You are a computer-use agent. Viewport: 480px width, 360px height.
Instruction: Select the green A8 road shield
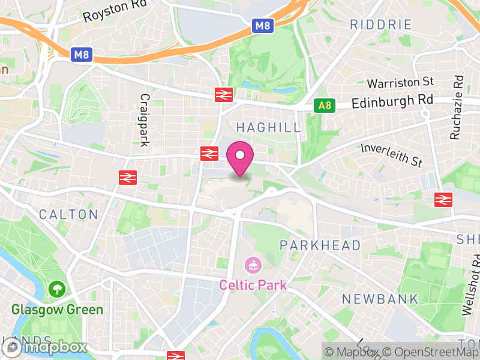pyautogui.click(x=324, y=106)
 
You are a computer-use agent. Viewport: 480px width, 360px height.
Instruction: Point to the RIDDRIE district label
pyautogui.click(x=381, y=25)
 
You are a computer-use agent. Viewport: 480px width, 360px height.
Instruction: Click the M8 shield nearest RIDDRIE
pyautogui.click(x=263, y=26)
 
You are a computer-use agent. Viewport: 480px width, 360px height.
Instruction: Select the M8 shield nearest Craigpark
pyautogui.click(x=82, y=55)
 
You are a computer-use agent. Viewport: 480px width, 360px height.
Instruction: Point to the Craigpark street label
pyautogui.click(x=144, y=119)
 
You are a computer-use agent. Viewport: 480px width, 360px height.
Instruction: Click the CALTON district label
pyautogui.click(x=68, y=214)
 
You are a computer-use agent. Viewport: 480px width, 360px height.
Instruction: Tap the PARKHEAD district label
pyautogui.click(x=320, y=245)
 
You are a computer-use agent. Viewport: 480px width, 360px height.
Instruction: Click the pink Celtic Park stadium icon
pyautogui.click(x=253, y=265)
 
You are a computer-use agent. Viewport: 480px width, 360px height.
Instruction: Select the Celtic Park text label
pyautogui.click(x=253, y=285)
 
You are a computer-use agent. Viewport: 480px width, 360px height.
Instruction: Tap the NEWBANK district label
pyautogui.click(x=371, y=299)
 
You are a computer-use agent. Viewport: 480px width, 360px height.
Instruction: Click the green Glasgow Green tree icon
pyautogui.click(x=58, y=289)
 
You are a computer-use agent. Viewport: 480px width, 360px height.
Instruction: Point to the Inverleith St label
pyautogui.click(x=392, y=154)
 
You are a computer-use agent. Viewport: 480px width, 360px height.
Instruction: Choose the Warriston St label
pyautogui.click(x=400, y=82)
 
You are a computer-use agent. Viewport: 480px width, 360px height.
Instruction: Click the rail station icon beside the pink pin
pyautogui.click(x=209, y=154)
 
